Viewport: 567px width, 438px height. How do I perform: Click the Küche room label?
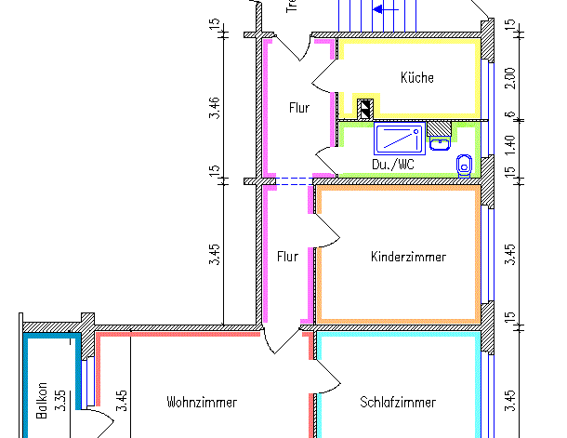pos(417,78)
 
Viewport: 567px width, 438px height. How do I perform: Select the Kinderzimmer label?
pos(408,257)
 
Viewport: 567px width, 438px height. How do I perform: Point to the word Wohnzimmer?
pos(202,403)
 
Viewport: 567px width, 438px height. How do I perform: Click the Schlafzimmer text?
pos(398,403)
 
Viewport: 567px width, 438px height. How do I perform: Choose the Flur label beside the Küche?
pos(298,108)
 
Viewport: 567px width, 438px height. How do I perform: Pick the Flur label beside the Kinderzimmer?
pos(288,257)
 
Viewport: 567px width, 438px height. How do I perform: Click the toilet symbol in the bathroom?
pos(464,165)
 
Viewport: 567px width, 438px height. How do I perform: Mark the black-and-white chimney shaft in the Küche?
pos(367,108)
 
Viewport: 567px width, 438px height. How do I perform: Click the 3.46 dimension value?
pos(215,107)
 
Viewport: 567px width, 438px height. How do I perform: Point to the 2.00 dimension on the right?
pos(508,79)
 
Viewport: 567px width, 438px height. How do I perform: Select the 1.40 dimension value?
pos(508,143)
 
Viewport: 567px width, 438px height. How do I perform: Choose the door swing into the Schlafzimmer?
pos(324,377)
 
